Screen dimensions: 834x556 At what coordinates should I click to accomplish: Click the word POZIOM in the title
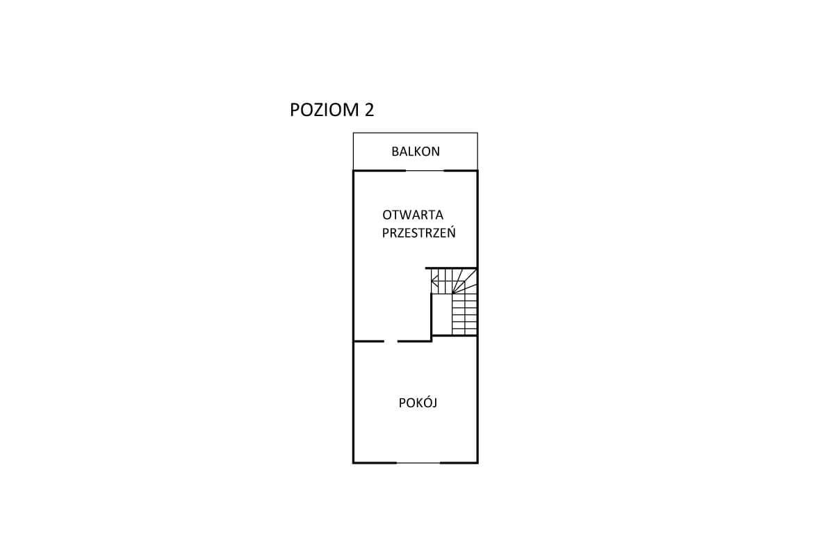click(x=325, y=110)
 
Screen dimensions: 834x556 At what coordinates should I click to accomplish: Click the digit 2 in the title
click(x=369, y=110)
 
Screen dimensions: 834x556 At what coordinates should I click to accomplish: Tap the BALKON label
click(x=416, y=152)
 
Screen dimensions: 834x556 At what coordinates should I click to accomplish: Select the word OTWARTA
click(x=413, y=215)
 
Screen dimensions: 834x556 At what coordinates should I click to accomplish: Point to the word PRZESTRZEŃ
click(x=419, y=232)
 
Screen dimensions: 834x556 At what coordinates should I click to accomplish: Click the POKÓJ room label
click(x=418, y=402)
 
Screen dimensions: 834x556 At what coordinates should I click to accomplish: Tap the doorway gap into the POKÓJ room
click(x=391, y=341)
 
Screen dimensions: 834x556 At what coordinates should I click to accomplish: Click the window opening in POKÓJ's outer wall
click(x=418, y=463)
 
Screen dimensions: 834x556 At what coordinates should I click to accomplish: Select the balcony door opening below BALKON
click(x=425, y=170)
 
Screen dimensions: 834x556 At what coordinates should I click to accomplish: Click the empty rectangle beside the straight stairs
click(x=442, y=314)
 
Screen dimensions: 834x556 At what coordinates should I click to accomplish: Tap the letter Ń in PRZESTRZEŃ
click(x=451, y=232)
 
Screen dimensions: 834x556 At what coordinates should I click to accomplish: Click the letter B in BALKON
click(x=395, y=152)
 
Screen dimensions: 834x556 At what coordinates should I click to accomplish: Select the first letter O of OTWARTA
click(x=387, y=215)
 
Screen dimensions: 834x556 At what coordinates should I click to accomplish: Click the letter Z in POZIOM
click(x=316, y=110)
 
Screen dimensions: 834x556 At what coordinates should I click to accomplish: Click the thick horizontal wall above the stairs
click(x=451, y=268)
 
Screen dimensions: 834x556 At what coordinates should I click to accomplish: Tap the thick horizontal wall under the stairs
click(x=455, y=336)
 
